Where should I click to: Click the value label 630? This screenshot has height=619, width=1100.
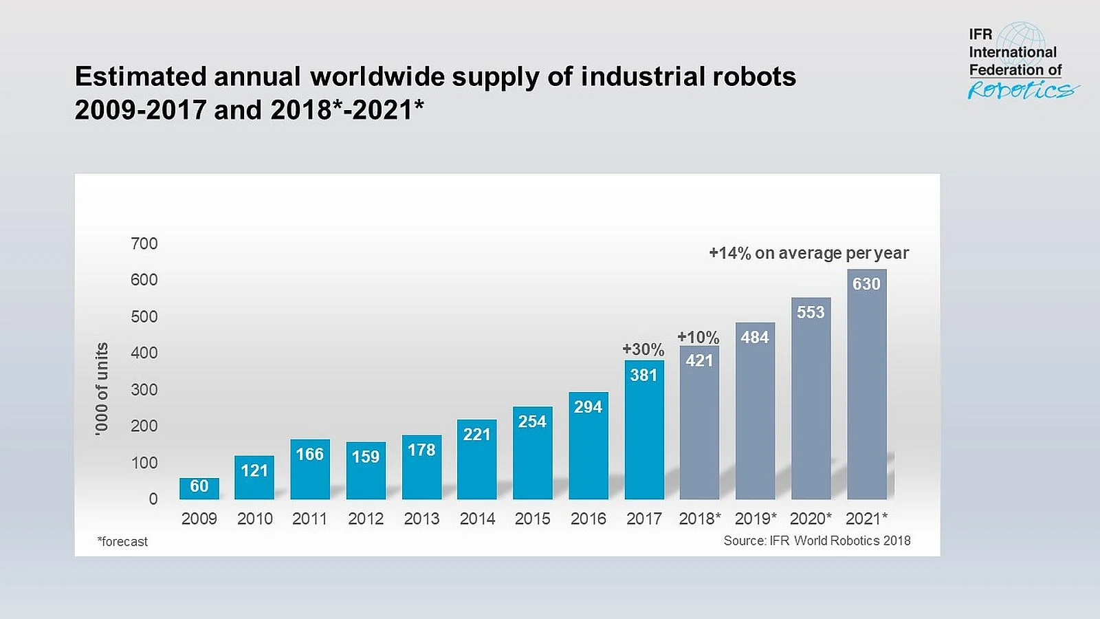(x=866, y=284)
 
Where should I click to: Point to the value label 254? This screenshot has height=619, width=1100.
(x=532, y=422)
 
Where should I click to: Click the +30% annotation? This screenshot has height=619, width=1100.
(x=643, y=349)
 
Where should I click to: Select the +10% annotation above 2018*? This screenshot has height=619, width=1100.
(x=698, y=337)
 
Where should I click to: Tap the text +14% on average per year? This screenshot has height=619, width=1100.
(x=808, y=253)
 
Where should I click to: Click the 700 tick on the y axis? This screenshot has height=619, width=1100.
(x=144, y=243)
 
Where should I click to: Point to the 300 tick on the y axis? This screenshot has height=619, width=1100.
(x=144, y=389)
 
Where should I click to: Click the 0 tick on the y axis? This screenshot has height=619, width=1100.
(x=153, y=499)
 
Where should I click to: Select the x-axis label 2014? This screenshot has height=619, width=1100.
(x=477, y=519)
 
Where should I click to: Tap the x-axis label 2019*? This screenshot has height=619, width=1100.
(x=755, y=519)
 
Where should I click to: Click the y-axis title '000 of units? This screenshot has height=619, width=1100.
(x=102, y=389)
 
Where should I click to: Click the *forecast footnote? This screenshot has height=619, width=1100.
(x=122, y=541)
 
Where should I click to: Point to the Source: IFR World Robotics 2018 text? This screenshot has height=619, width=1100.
(x=817, y=541)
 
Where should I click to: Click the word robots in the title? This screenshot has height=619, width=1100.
(x=754, y=76)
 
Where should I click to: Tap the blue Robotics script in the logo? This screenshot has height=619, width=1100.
(x=1022, y=90)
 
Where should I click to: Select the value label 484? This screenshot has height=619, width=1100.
(x=755, y=337)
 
